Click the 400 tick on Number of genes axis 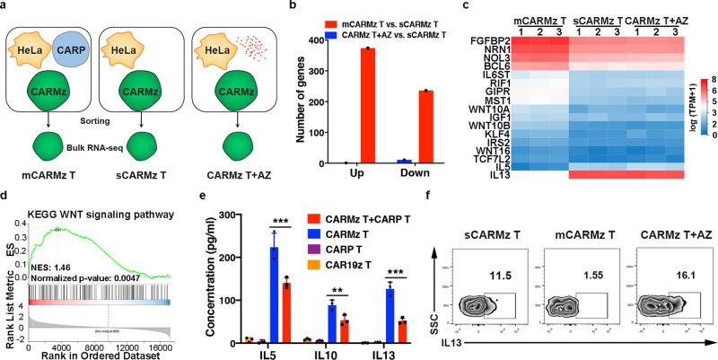point(276,40)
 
